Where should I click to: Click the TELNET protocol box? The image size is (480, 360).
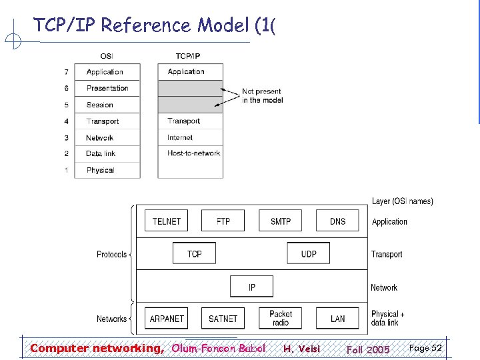(x=167, y=221)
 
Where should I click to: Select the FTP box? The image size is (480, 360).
(x=223, y=221)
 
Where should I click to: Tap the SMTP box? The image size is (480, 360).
(x=281, y=221)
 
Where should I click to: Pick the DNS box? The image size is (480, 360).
(x=337, y=221)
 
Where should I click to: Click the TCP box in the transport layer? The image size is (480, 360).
(x=195, y=253)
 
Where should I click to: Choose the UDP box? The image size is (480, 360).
(x=309, y=253)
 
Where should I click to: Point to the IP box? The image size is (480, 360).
(x=251, y=287)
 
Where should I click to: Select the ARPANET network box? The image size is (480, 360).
(x=167, y=319)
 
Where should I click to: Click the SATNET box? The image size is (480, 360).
(x=223, y=319)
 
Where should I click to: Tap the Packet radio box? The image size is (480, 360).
(x=281, y=319)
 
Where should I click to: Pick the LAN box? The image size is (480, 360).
(x=337, y=319)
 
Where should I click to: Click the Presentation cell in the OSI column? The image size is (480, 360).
(x=108, y=88)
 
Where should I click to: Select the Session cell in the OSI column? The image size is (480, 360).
(x=100, y=105)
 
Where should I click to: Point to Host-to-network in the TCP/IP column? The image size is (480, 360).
(x=193, y=153)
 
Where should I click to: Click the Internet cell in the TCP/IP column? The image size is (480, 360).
(x=180, y=137)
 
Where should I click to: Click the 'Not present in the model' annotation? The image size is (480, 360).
(x=262, y=95)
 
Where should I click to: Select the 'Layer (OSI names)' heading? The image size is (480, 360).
(x=402, y=201)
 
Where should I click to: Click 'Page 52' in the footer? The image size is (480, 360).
(x=425, y=348)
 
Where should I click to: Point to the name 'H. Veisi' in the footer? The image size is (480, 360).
(x=301, y=349)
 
